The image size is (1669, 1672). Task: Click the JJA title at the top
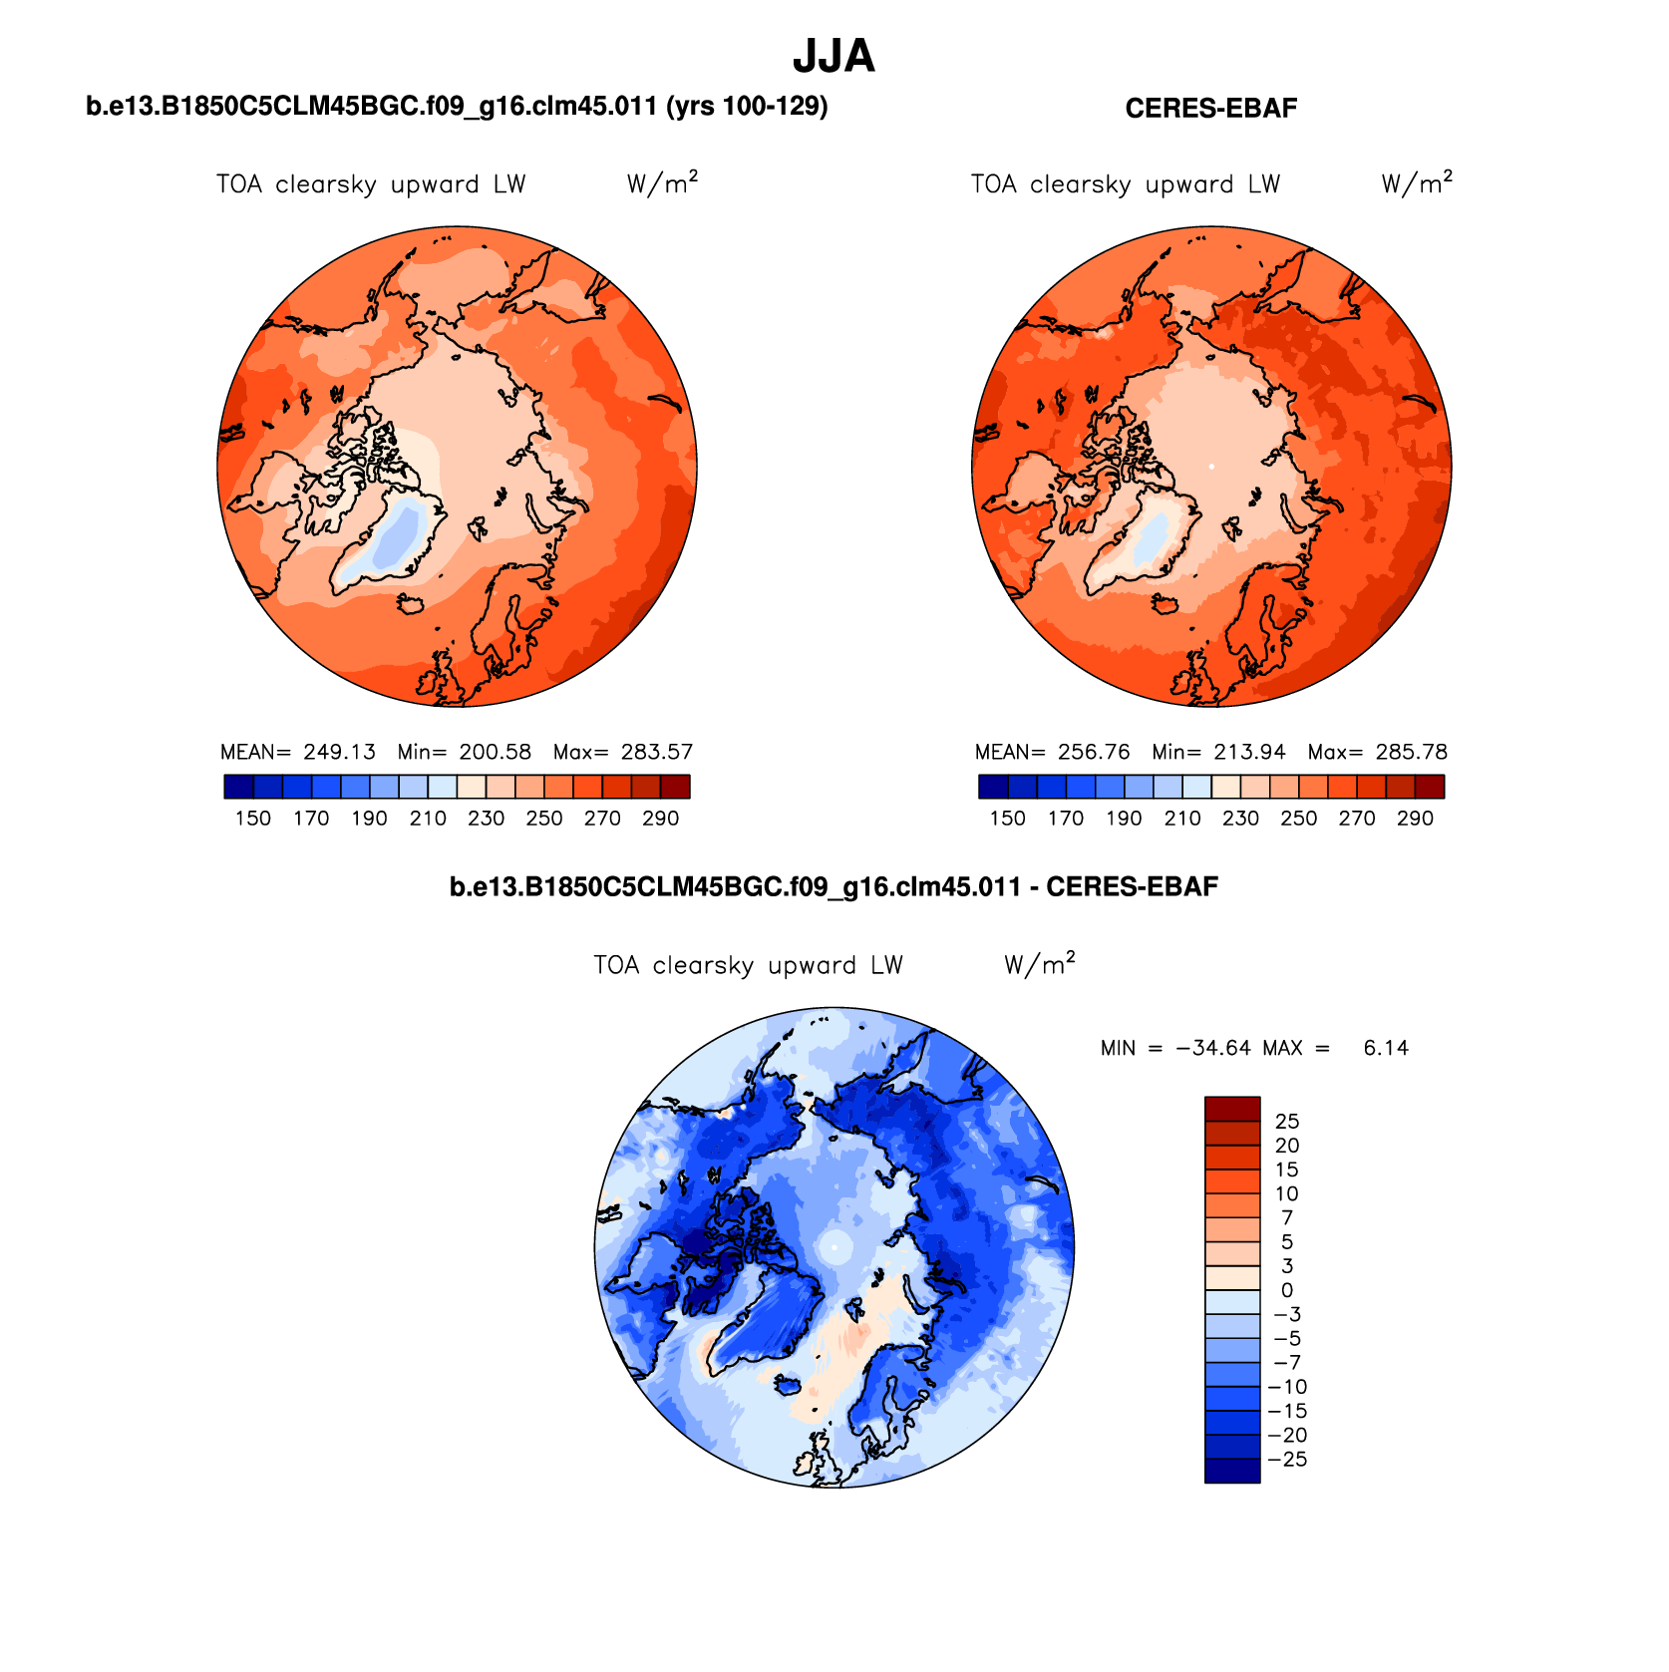pyautogui.click(x=834, y=57)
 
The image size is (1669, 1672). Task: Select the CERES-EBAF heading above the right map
pyautogui.click(x=1210, y=109)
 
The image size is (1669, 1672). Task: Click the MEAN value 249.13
pyautogui.click(x=339, y=752)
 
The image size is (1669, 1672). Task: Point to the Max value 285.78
pyautogui.click(x=1411, y=752)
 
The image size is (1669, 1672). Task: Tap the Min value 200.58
pyautogui.click(x=495, y=752)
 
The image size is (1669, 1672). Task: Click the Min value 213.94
pyautogui.click(x=1249, y=752)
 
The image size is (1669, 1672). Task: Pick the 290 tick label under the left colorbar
pyautogui.click(x=660, y=819)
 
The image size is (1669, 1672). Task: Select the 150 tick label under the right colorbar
pyautogui.click(x=1007, y=819)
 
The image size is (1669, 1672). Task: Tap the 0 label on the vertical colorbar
pyautogui.click(x=1287, y=1290)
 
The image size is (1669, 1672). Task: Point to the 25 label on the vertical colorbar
pyautogui.click(x=1287, y=1122)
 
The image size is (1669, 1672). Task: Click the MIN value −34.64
pyautogui.click(x=1212, y=1048)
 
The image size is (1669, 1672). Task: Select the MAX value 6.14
pyautogui.click(x=1386, y=1048)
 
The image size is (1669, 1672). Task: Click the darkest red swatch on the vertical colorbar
pyautogui.click(x=1232, y=1109)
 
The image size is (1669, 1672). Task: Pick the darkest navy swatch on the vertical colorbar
pyautogui.click(x=1232, y=1471)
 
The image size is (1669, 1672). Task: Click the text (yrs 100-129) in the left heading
pyautogui.click(x=747, y=106)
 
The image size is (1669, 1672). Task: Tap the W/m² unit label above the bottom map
pyautogui.click(x=1039, y=964)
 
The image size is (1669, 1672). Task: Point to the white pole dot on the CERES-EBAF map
pyautogui.click(x=1211, y=466)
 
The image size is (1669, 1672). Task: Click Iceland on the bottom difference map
pyautogui.click(x=787, y=1385)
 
